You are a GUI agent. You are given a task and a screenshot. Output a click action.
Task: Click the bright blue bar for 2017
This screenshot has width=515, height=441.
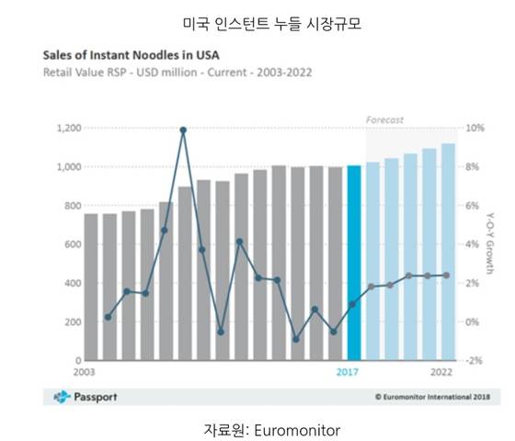(354, 262)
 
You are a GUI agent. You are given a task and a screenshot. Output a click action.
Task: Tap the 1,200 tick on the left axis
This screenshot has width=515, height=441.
(68, 128)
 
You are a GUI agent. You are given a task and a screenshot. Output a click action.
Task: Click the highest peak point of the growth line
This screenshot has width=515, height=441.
(183, 130)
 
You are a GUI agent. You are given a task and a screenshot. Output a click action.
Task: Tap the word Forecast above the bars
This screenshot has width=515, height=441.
(384, 119)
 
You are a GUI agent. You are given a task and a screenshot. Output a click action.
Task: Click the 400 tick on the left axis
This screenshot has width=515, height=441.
(72, 283)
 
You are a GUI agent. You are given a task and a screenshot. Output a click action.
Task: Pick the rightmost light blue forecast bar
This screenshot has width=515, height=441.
(448, 252)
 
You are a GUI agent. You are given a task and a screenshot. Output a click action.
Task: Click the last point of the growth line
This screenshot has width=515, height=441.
(447, 275)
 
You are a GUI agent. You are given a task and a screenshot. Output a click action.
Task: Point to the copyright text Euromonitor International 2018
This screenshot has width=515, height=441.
(432, 397)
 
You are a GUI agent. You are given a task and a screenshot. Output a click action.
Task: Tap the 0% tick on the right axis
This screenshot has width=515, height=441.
(472, 322)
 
